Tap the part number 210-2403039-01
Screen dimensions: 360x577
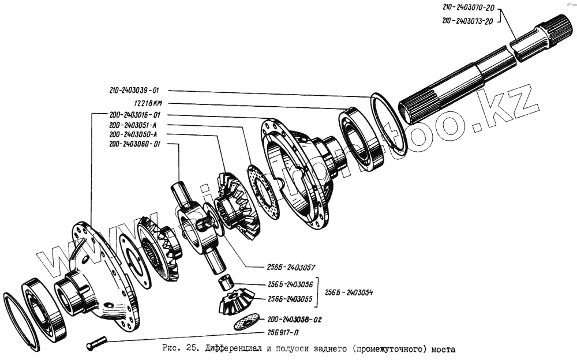point(134,91)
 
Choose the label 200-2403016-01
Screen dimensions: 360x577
point(134,114)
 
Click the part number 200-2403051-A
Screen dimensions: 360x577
point(133,125)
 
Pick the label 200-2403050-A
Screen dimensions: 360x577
point(133,134)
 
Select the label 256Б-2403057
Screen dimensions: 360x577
point(291,268)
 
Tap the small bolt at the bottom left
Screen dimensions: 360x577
point(98,344)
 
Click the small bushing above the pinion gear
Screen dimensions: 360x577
point(226,283)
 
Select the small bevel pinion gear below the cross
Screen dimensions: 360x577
point(237,302)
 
